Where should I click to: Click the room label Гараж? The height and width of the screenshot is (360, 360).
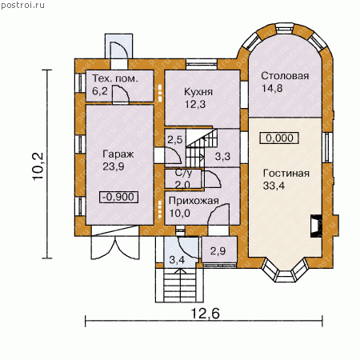tap(118, 154)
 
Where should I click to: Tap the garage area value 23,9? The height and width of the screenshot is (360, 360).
tap(114, 166)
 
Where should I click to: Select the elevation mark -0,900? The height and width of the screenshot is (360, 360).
tap(118, 197)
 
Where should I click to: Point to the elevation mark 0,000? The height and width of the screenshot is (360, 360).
tap(279, 138)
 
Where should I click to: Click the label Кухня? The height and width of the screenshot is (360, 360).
tap(198, 92)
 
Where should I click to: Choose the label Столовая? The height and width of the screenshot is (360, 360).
tap(285, 76)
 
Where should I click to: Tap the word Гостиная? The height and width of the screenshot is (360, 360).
tap(286, 174)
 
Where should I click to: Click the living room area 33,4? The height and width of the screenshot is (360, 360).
tap(274, 186)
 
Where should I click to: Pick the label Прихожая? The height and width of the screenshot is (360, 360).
tap(194, 201)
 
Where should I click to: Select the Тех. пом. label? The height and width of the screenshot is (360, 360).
tap(115, 78)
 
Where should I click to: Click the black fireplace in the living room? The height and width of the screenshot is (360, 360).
tap(316, 226)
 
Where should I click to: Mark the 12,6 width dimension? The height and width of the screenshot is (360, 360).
tap(206, 313)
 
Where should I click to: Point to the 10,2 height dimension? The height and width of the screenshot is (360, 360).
tap(38, 166)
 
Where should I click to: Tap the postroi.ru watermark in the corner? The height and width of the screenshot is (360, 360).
tap(22, 5)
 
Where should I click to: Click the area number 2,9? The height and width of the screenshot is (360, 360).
tap(218, 251)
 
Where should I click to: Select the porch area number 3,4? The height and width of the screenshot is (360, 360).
tap(177, 260)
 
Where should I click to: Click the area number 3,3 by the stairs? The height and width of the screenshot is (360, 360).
tap(222, 156)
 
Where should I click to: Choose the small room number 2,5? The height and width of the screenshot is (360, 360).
tap(175, 139)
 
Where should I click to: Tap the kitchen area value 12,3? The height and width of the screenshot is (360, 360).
tap(195, 104)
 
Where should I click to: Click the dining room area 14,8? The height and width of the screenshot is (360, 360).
tap(272, 88)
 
